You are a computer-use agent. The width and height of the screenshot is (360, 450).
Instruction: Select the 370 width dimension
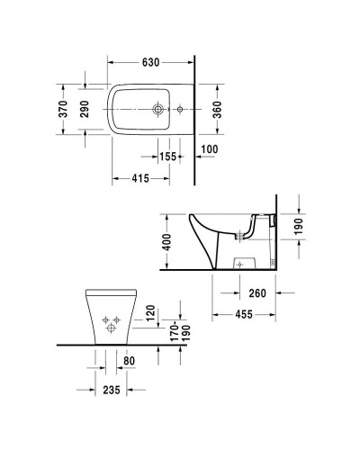point(64,109)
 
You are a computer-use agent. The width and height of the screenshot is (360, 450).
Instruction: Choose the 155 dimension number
point(167,157)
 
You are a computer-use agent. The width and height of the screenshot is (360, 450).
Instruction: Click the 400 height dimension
point(167,242)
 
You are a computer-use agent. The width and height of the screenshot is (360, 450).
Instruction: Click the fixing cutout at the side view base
point(238,262)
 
